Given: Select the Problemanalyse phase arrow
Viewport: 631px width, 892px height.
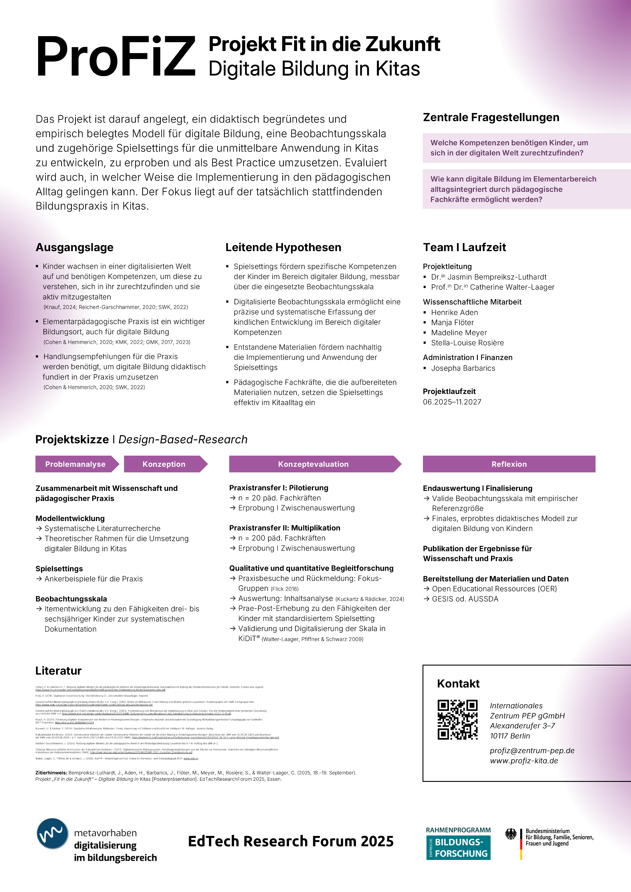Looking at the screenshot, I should (x=75, y=464).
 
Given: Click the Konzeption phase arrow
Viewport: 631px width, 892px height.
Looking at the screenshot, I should (x=164, y=464).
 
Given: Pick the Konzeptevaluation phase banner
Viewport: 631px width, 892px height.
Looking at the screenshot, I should (x=313, y=464).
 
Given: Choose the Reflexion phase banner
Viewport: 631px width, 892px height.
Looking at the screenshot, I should (x=509, y=464).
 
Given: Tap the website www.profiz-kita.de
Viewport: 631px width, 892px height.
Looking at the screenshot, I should (x=524, y=760).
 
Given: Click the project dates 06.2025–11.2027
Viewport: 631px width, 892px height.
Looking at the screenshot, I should (x=452, y=402).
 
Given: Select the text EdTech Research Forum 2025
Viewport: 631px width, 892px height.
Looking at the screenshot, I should (x=291, y=841).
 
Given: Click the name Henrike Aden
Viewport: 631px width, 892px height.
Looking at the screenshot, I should (x=454, y=312).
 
